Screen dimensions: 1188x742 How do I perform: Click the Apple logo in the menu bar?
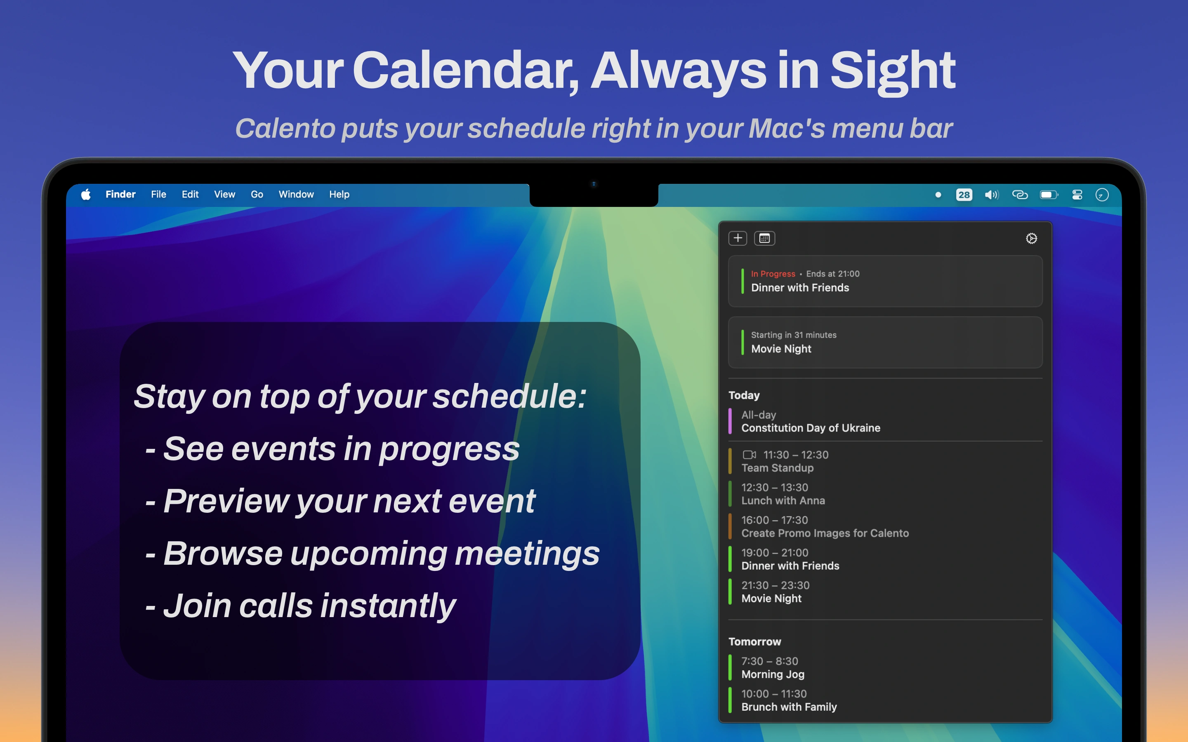pos(86,194)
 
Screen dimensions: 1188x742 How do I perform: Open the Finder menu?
pos(120,194)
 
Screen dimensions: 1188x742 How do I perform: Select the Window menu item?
pos(296,194)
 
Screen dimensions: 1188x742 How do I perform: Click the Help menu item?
pos(339,194)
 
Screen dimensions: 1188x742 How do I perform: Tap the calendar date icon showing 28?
pos(964,195)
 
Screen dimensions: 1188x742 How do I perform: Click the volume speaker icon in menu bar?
pos(991,195)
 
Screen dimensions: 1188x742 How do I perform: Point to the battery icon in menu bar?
pos(1049,195)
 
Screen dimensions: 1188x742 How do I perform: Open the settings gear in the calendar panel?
pos(1031,239)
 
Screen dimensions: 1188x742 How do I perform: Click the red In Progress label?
pos(773,274)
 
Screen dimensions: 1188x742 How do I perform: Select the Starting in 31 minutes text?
pos(793,335)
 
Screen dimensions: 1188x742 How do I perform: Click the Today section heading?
pos(744,395)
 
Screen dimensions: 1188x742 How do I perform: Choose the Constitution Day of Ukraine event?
pos(811,428)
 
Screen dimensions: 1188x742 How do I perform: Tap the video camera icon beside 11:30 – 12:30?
pos(749,455)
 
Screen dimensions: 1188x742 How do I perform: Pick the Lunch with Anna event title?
pos(783,500)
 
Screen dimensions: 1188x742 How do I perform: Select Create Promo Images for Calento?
pos(825,533)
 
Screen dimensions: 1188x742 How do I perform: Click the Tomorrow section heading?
pos(754,641)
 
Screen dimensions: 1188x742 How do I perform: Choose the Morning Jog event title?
pos(773,674)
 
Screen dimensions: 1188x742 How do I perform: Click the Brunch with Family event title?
pos(789,707)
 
